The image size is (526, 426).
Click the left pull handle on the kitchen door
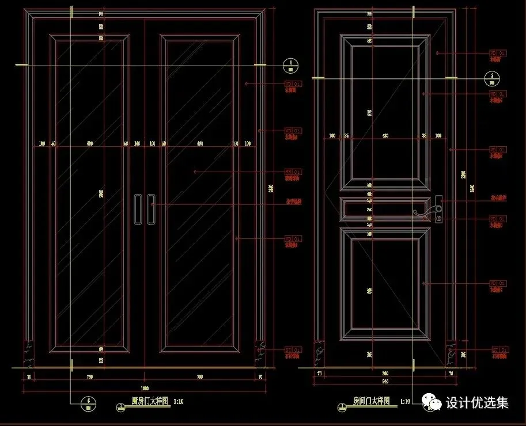pyautogui.click(x=138, y=208)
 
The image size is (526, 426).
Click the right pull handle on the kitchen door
pyautogui.click(x=151, y=208)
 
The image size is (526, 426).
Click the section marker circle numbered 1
pyautogui.click(x=291, y=66)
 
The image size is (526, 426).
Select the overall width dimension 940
pyautogui.click(x=385, y=381)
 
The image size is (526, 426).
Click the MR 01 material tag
pyautogui.click(x=293, y=172)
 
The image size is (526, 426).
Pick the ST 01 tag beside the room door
pyautogui.click(x=499, y=349)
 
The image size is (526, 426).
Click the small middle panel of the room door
pyautogui.click(x=385, y=208)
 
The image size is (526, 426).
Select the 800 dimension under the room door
pyautogui.click(x=385, y=373)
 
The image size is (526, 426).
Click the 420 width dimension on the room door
pyautogui.click(x=385, y=136)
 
